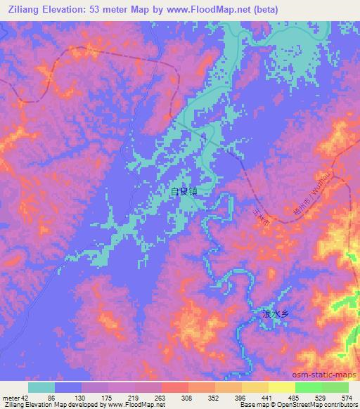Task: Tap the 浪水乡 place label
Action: (x=275, y=315)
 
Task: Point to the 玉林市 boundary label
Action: (x=263, y=216)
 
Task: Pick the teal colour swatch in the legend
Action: (x=41, y=387)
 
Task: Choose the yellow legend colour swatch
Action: (x=281, y=387)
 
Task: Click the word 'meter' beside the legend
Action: (x=9, y=397)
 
